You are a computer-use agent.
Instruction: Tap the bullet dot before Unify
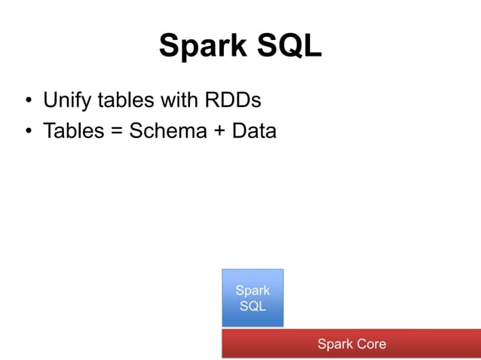tap(28, 100)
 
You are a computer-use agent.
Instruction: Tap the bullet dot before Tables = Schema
tap(28, 132)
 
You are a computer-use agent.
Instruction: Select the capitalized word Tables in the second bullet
tap(72, 130)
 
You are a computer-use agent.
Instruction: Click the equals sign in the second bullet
tap(115, 131)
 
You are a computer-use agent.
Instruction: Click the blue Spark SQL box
tap(253, 297)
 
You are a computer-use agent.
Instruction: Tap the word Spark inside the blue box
tap(253, 291)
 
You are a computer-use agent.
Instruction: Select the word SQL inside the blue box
tap(253, 307)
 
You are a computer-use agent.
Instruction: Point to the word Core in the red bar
tap(370, 344)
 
